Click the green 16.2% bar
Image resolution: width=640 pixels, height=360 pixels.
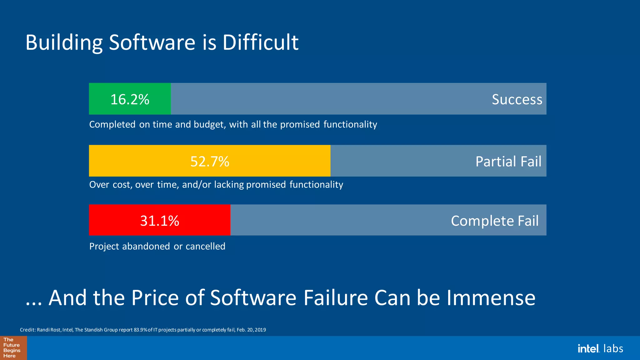(130, 99)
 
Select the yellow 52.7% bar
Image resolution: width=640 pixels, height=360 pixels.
(209, 161)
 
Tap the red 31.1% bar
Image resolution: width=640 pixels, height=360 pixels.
(159, 220)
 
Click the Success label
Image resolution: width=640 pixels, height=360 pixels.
(517, 99)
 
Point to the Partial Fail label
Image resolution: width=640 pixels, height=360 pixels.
(508, 162)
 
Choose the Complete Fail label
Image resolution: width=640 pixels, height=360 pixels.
(495, 221)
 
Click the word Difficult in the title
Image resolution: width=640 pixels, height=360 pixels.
(260, 42)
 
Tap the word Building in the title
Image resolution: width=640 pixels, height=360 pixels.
(64, 43)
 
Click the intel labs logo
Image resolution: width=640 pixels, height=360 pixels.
(600, 348)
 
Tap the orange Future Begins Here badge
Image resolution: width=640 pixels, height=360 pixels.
(13, 348)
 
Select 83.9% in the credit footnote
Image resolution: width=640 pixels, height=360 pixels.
(141, 330)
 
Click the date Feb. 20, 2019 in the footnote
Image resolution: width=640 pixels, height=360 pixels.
(251, 330)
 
